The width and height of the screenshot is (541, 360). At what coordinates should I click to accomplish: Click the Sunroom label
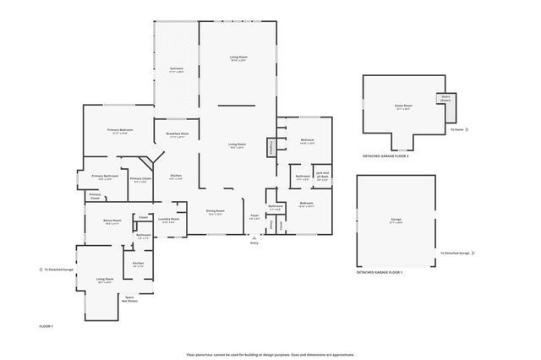tap(176, 71)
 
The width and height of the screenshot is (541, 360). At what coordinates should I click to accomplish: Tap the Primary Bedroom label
tap(117, 131)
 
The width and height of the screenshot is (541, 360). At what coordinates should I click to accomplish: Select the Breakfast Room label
tap(177, 135)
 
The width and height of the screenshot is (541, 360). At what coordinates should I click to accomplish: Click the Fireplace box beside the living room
tap(271, 146)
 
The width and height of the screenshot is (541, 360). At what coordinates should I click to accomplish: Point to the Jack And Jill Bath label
tap(322, 176)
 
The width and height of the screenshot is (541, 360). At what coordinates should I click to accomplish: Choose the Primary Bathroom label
tap(106, 177)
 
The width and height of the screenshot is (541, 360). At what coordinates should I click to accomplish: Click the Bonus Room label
tap(112, 222)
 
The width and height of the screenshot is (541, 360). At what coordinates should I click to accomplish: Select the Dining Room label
tap(216, 212)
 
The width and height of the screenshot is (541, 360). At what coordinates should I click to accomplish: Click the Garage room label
tap(396, 221)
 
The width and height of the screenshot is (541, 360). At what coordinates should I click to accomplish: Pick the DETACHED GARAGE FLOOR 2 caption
tap(385, 156)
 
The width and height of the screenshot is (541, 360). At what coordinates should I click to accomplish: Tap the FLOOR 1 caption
tap(46, 325)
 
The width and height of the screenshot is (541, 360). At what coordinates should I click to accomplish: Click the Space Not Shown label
tap(130, 298)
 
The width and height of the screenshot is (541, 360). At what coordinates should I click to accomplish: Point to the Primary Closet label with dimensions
tap(140, 179)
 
